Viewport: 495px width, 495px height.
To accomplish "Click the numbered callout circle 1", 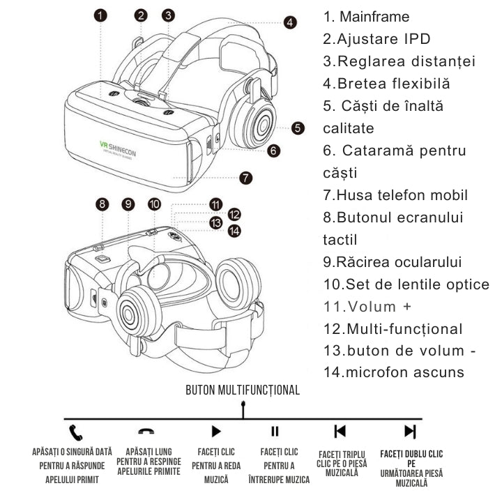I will pyautogui.click(x=101, y=15).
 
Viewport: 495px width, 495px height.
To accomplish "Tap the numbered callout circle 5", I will pyautogui.click(x=298, y=128).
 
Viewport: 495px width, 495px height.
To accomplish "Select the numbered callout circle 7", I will pyautogui.click(x=245, y=178).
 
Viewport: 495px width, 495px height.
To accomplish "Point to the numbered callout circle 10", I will pyautogui.click(x=154, y=204).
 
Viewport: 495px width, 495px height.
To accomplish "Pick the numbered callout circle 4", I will pyautogui.click(x=290, y=22).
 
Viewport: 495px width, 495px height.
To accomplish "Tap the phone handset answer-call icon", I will pyautogui.click(x=75, y=431).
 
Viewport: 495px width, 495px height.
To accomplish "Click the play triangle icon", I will pyautogui.click(x=216, y=431).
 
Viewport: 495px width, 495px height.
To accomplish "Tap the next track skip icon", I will pyautogui.click(x=410, y=431).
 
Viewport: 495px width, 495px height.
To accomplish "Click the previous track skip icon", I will pyautogui.click(x=340, y=431).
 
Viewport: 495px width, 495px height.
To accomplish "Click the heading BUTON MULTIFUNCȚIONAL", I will pyautogui.click(x=243, y=390).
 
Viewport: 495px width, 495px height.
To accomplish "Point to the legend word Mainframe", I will pyautogui.click(x=376, y=17).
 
